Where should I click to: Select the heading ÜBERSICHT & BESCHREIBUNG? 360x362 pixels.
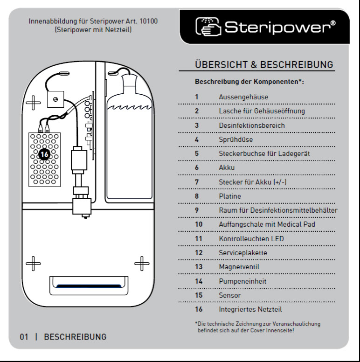263,64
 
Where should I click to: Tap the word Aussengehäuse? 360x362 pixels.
243,97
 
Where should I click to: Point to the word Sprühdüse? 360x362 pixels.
235,139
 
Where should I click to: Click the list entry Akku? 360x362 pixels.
227,168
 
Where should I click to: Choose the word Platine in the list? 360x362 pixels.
230,196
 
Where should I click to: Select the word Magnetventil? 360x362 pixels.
239,267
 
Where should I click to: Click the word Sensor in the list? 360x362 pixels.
230,295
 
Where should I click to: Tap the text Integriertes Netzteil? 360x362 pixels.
250,309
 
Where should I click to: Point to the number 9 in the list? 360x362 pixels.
197,210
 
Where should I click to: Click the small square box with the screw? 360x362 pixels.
55,99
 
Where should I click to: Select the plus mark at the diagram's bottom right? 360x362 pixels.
141,264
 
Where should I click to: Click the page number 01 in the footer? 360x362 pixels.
24,337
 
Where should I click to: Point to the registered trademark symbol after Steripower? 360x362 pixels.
332,23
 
